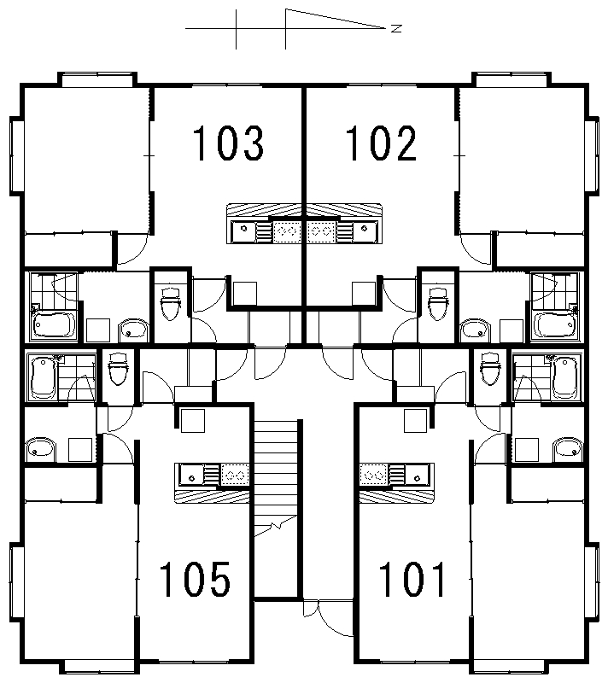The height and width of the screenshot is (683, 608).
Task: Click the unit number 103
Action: coord(228,143)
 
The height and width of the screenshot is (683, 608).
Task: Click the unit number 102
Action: coord(381,143)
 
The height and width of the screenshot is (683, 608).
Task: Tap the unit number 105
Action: coord(195,579)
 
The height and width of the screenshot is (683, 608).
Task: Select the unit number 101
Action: coord(412,579)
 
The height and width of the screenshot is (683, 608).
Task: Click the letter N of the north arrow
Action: coord(396,29)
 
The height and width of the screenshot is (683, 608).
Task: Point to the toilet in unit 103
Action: coord(170,303)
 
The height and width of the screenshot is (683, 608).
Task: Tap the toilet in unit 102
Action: coord(438,303)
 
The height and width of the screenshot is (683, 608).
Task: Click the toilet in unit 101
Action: coord(490,369)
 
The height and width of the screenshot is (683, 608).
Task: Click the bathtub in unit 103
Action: coord(54,325)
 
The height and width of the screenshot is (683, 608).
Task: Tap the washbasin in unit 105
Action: coord(40,450)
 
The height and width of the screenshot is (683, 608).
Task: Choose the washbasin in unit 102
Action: coord(475,330)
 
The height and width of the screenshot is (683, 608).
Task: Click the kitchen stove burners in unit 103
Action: coord(287,231)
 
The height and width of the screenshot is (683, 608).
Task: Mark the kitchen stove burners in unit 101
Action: coord(373,475)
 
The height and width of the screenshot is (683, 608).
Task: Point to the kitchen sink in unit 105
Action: coord(191,475)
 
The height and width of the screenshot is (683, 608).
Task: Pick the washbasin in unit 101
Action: coord(568,450)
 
